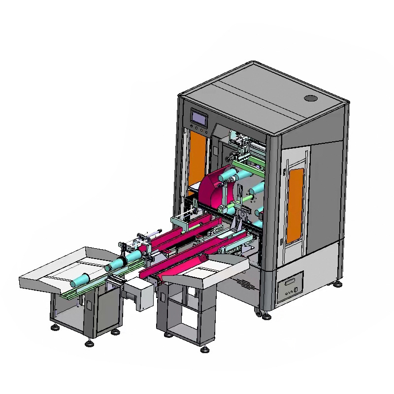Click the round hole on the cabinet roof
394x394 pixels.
[310, 98]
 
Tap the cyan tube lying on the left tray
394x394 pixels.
[82, 280]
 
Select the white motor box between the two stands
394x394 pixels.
[140, 294]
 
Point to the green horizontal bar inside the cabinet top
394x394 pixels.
[249, 167]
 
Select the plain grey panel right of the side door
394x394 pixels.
[325, 192]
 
